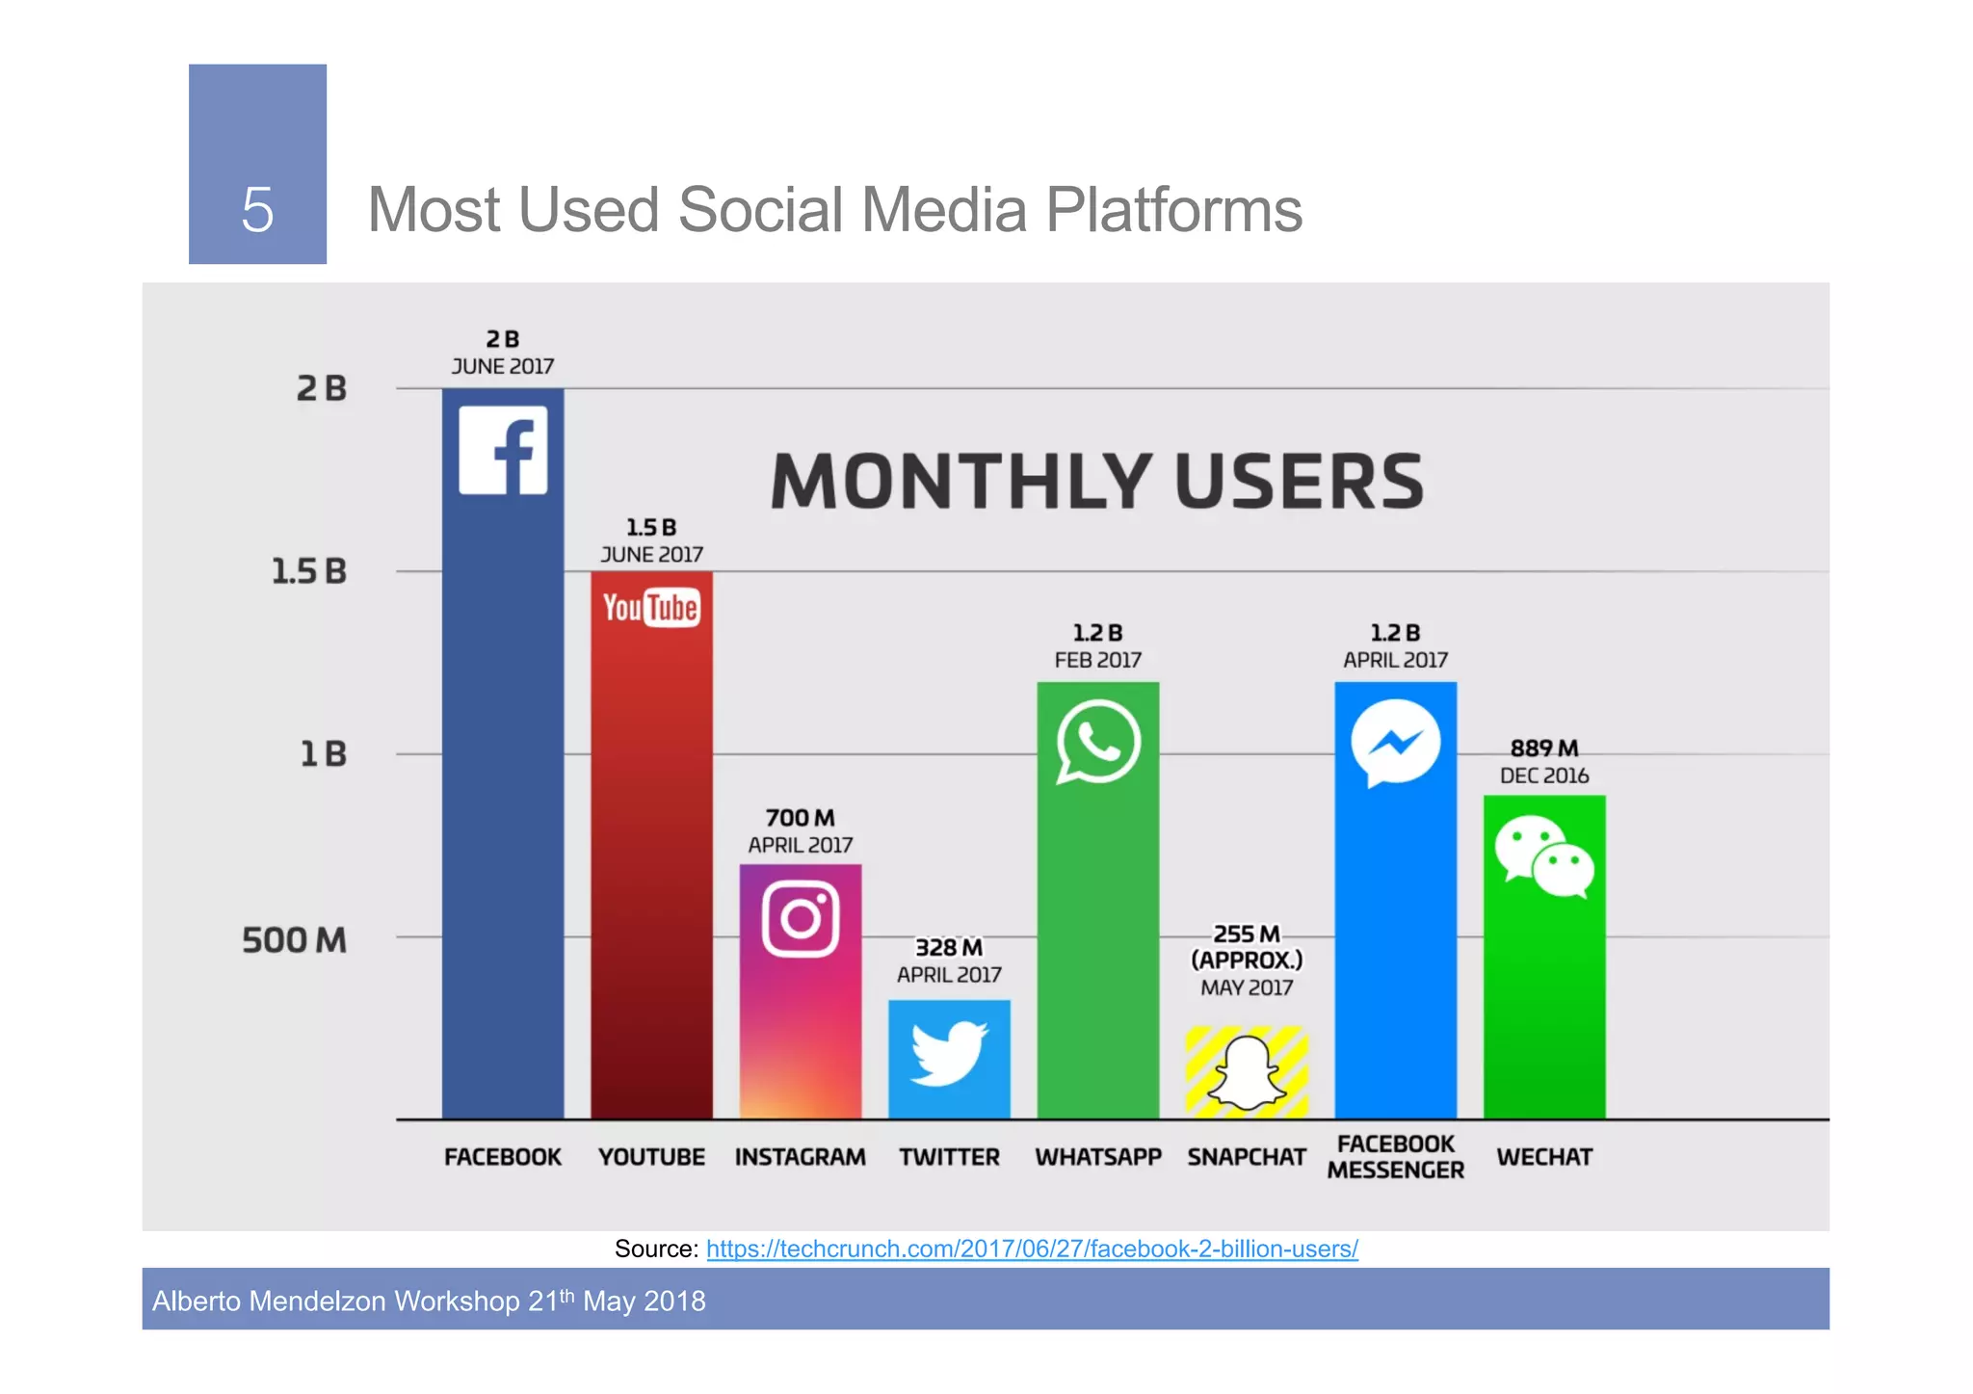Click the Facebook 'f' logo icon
(x=503, y=450)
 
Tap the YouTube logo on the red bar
(x=651, y=608)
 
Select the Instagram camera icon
(x=800, y=918)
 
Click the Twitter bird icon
(x=949, y=1053)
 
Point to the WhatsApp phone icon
(x=1097, y=742)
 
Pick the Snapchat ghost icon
(x=1247, y=1073)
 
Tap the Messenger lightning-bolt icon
(x=1395, y=743)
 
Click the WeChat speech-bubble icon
(x=1543, y=856)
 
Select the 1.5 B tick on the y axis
(x=308, y=571)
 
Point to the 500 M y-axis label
(x=294, y=939)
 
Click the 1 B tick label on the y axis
(x=323, y=753)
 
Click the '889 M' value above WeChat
(x=1543, y=748)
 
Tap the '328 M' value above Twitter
(x=949, y=947)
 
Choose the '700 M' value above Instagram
(x=800, y=817)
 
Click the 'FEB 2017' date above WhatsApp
(x=1097, y=660)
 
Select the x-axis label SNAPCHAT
(x=1247, y=1156)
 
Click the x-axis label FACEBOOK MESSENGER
(x=1395, y=1156)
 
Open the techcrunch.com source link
(x=1032, y=1249)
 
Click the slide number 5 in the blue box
(x=257, y=209)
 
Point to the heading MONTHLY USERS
(x=1096, y=481)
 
